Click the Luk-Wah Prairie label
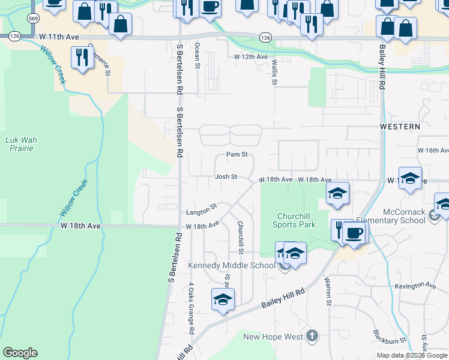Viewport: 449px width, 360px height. point(21,144)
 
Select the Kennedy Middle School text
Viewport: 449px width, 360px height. point(231,266)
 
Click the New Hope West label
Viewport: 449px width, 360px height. point(273,337)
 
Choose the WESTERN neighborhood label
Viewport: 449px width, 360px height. point(400,127)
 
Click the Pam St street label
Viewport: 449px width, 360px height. point(237,155)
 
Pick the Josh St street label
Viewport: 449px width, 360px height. point(226,177)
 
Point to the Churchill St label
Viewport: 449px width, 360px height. point(241,236)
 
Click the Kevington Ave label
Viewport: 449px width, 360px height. point(415,286)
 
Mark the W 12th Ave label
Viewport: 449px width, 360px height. point(251,56)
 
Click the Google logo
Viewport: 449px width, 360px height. point(20,353)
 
